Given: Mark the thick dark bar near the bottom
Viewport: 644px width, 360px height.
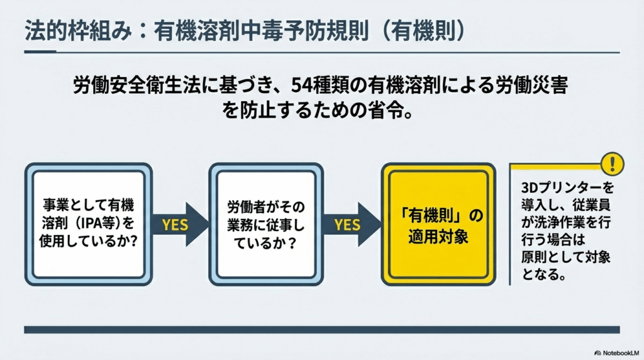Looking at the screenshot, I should (321, 329).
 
